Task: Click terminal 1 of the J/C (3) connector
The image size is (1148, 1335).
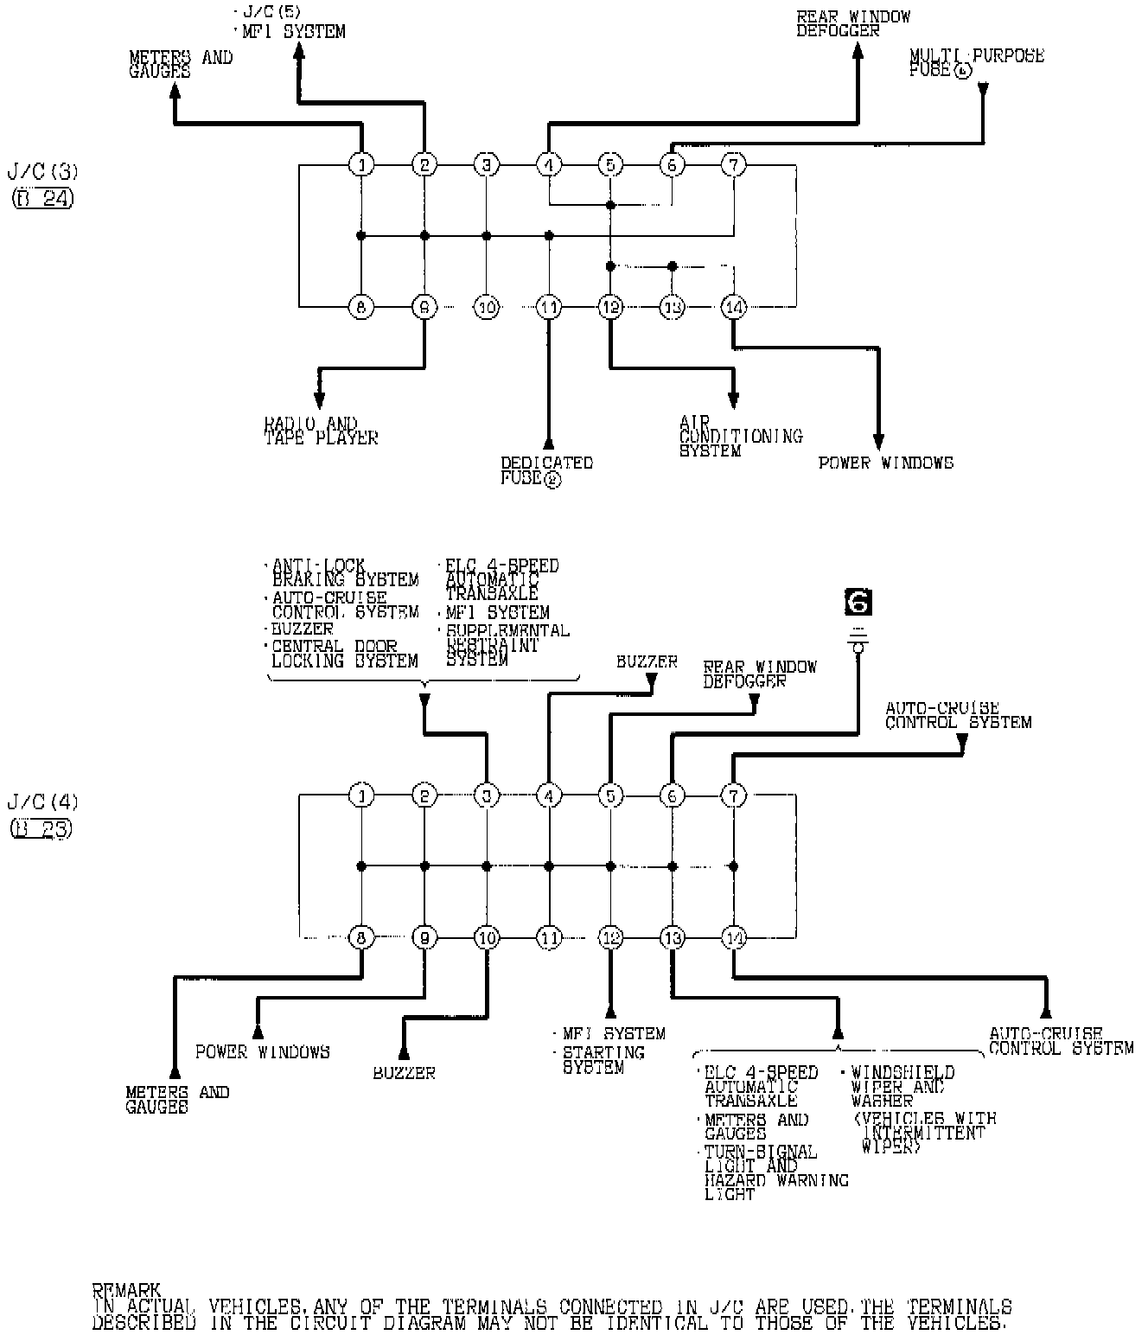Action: [x=361, y=164]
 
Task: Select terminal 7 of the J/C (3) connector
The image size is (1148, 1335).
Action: [x=733, y=164]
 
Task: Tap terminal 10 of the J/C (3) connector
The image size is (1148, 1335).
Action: [x=487, y=307]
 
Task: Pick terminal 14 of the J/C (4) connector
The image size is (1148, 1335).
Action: [x=733, y=937]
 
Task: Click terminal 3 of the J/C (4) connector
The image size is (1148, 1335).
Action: [x=487, y=795]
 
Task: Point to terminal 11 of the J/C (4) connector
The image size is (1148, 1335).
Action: [x=549, y=937]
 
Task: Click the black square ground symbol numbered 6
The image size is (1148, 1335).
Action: [x=858, y=603]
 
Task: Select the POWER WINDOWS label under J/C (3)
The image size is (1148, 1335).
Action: [x=885, y=463]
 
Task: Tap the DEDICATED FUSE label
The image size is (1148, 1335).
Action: [x=546, y=470]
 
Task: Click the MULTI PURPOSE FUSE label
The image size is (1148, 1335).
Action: [x=976, y=63]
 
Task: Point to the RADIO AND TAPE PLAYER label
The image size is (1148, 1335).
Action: [x=321, y=431]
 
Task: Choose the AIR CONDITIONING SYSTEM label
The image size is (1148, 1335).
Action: [x=740, y=437]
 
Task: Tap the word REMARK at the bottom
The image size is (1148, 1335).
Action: [x=126, y=1291]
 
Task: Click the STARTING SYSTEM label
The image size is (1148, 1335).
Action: [x=603, y=1060]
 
